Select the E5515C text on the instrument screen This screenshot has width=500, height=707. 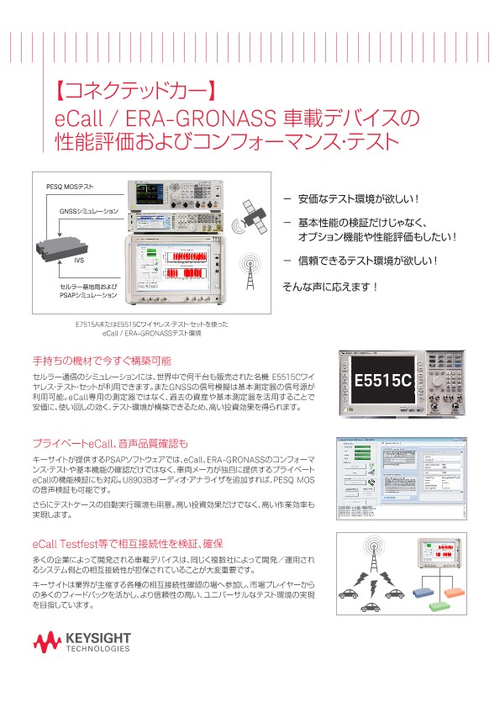click(x=382, y=381)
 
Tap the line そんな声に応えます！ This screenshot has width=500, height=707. click(x=329, y=287)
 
